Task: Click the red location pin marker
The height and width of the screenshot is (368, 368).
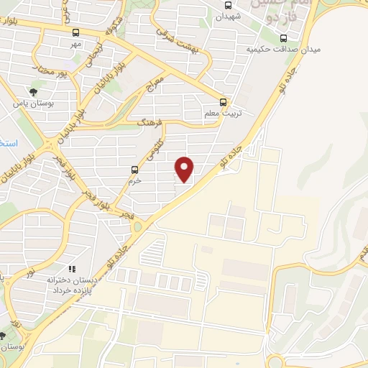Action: coord(185,169)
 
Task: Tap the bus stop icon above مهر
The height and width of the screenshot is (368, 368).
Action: coord(76,32)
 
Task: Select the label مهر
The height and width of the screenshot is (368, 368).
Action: coord(76,45)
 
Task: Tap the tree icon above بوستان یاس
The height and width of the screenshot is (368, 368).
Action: coord(33,91)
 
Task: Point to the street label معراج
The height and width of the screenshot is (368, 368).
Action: coord(155,84)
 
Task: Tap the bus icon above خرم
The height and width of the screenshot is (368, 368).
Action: coord(134,170)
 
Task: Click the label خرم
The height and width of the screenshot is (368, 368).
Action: coord(134,181)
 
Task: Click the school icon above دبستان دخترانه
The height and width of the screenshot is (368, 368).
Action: coord(71,269)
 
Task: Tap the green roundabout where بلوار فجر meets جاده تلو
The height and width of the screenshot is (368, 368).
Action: coord(137,226)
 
